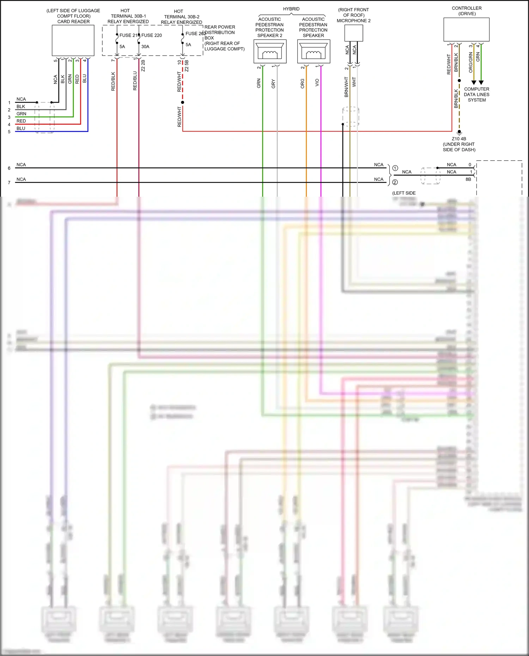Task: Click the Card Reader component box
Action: coord(73,41)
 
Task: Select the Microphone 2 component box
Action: coord(353,33)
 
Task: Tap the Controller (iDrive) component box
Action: coord(466,30)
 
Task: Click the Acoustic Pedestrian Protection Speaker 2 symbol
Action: coord(270,51)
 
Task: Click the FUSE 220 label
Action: coord(152,35)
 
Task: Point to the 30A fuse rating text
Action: coord(145,47)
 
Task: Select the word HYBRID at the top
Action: coord(291,9)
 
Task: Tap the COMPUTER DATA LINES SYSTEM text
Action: coord(476,94)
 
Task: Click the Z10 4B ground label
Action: coord(459,139)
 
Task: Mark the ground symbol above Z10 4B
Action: coord(459,133)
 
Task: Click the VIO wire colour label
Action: coord(317,82)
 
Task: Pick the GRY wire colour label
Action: coord(273,84)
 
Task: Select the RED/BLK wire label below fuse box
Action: coord(113,81)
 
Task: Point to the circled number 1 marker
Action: coord(395,168)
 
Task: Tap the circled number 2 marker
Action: coord(395,182)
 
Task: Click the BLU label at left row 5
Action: coord(21,128)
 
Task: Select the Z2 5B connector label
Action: coord(187,66)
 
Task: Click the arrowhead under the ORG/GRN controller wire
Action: coord(474,82)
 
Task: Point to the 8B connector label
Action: coord(468,179)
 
